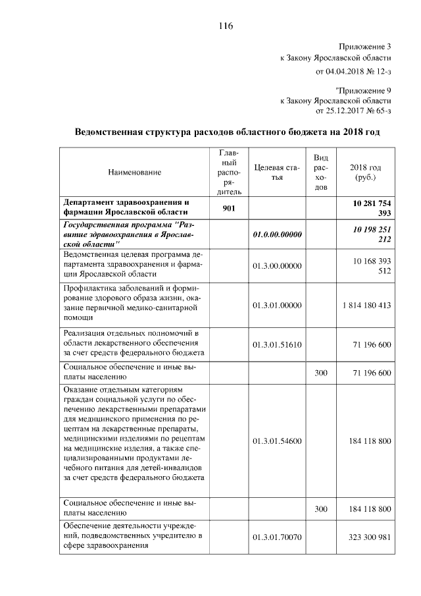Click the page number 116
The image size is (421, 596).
226,26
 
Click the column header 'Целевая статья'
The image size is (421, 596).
276,172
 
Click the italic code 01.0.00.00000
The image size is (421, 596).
276,234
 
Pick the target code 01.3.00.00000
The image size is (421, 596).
276,266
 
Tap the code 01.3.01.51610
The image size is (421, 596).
276,344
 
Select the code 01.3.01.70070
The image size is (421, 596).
276,537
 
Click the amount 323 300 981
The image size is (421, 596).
366,537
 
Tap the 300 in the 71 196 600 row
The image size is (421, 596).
321,373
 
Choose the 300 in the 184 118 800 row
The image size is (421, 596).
321,508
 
